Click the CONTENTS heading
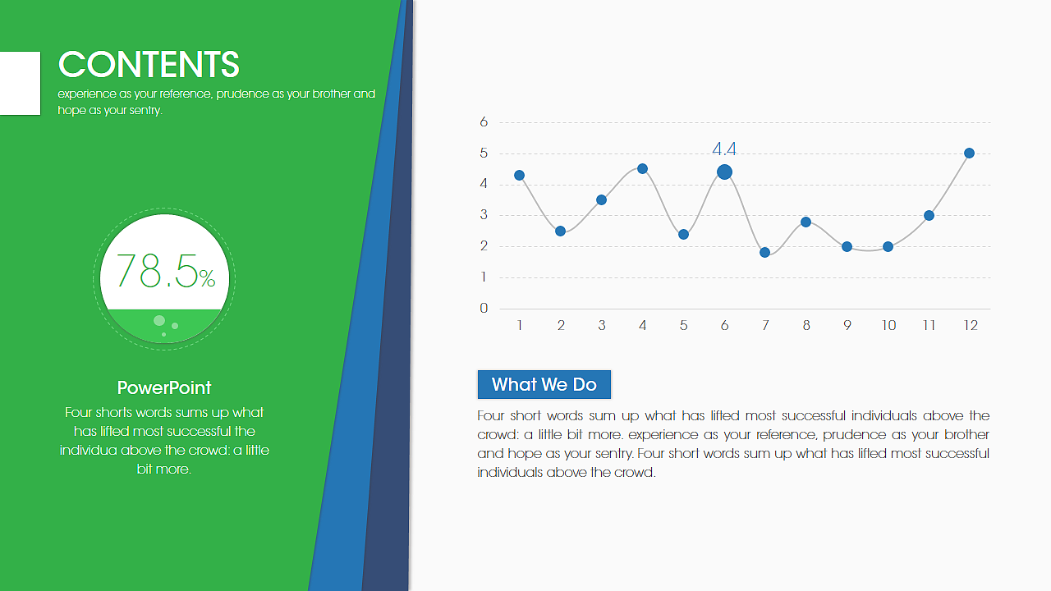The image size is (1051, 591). [149, 64]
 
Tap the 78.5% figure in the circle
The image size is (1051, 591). [166, 271]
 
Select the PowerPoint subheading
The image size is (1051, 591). [164, 388]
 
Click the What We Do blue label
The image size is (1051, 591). [544, 385]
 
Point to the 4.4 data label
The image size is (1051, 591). [724, 149]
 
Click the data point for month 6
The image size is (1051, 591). [724, 172]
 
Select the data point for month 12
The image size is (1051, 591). [970, 153]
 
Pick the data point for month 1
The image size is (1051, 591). [520, 176]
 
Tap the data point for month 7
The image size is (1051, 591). [764, 252]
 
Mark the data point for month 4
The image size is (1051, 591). [643, 169]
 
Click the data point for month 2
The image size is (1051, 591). [560, 231]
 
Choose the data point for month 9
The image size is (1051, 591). [847, 247]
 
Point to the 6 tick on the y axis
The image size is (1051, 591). [484, 122]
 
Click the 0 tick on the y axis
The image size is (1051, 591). [484, 308]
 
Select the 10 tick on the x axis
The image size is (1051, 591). [888, 326]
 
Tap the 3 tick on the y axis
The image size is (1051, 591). [484, 215]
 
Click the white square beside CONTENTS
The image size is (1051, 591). [21, 83]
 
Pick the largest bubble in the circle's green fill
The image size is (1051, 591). [159, 321]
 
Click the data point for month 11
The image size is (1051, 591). [929, 216]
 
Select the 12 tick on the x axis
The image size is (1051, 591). [971, 326]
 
